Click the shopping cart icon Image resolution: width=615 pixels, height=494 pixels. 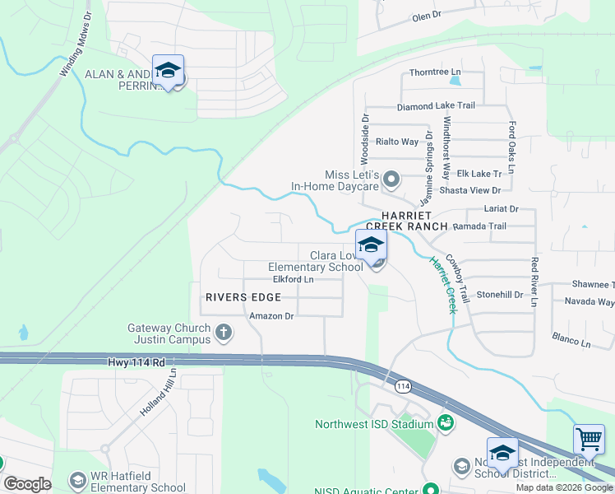click(x=588, y=440)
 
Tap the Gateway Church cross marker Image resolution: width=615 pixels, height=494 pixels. click(x=223, y=333)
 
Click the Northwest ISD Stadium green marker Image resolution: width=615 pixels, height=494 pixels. click(x=446, y=424)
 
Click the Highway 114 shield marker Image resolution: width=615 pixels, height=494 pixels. click(x=403, y=386)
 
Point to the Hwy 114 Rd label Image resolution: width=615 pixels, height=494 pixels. click(x=136, y=361)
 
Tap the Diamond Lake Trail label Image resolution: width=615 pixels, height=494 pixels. click(x=436, y=106)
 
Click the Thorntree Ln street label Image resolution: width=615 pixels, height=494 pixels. click(x=428, y=72)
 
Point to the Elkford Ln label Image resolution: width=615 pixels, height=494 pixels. click(x=294, y=280)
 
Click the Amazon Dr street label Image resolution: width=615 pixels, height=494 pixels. click(x=272, y=316)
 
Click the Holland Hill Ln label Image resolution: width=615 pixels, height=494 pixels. click(x=158, y=391)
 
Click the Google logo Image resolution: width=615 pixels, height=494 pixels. click(x=27, y=484)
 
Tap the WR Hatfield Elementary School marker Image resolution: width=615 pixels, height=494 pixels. click(x=78, y=480)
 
